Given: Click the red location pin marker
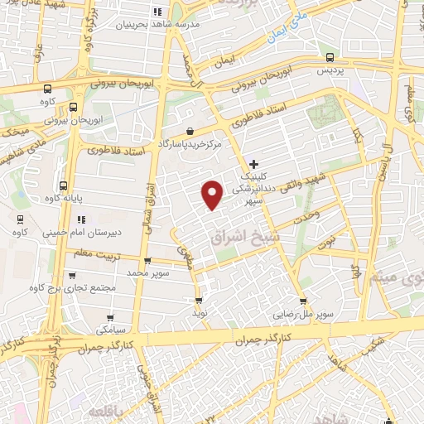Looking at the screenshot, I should (213, 195).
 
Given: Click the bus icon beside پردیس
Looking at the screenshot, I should (330, 57).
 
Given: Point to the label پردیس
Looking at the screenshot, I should (330, 71).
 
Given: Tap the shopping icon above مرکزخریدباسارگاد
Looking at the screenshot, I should (190, 131).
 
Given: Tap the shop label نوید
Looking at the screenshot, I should (199, 313).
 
